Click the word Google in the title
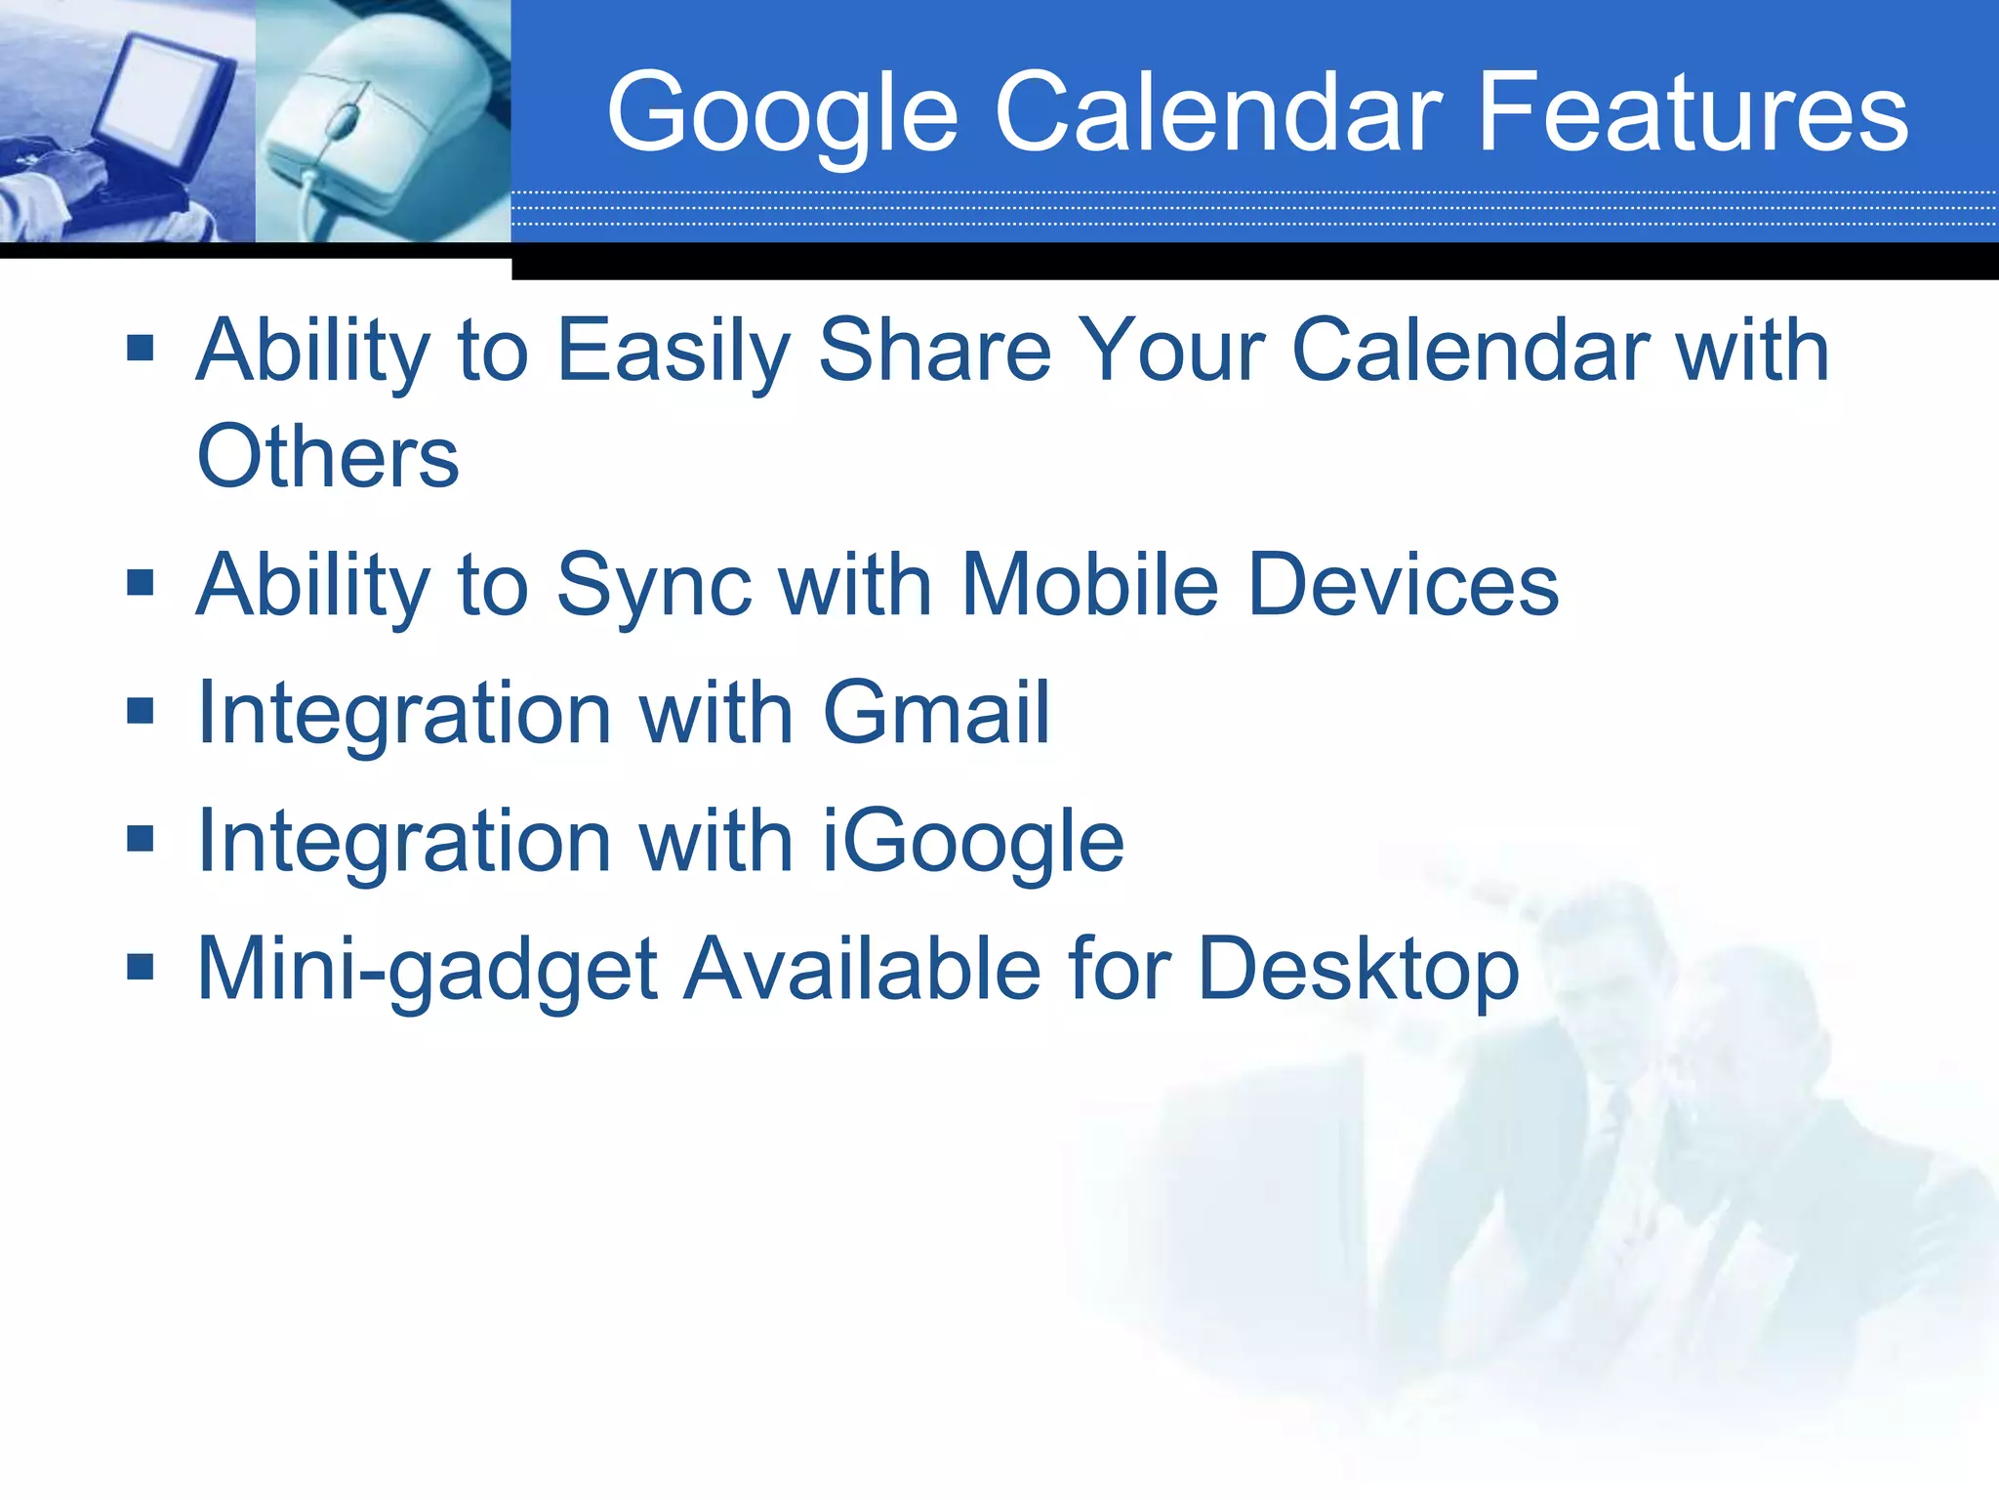coord(781,112)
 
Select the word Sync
coord(654,586)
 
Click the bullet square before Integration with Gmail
coord(141,710)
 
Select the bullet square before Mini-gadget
coord(141,967)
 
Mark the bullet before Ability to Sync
coord(141,582)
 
